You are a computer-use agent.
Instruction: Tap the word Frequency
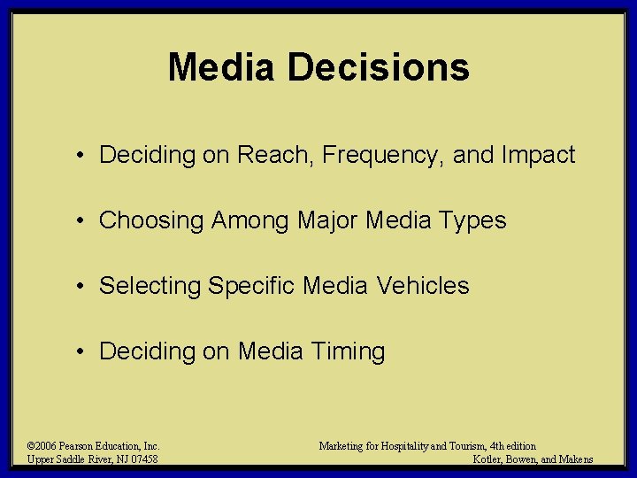click(383, 156)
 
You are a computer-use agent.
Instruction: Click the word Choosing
click(151, 220)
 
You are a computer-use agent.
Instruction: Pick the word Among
click(250, 220)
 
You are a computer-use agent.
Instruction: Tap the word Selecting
click(150, 286)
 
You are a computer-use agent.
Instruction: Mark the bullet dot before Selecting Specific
click(81, 286)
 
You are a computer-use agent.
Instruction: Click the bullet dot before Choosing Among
click(81, 220)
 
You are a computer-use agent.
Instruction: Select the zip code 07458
click(143, 459)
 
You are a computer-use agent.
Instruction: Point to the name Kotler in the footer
click(489, 459)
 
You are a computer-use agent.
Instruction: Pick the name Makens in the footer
click(576, 459)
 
